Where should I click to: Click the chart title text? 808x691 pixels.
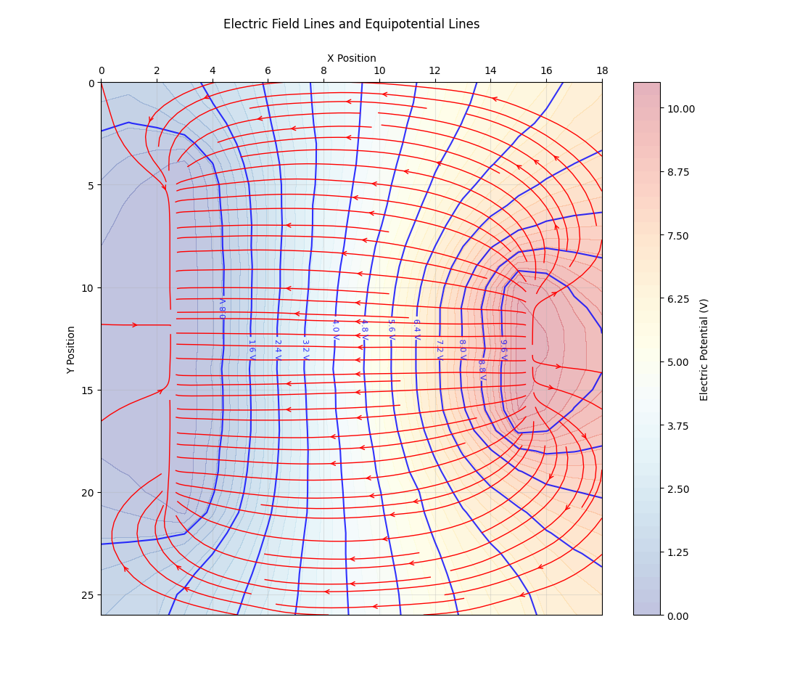[x=351, y=24]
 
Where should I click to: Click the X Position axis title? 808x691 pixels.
[x=351, y=58]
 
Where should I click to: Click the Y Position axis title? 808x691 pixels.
[x=71, y=349]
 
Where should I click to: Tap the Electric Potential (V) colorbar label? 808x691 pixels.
[x=704, y=349]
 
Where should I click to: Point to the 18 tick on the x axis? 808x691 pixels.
[x=601, y=70]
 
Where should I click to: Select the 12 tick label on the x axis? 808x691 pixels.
[x=434, y=70]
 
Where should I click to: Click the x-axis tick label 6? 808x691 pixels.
[x=268, y=70]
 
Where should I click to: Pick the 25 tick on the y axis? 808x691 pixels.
[x=88, y=595]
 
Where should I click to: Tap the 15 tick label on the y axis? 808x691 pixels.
[x=88, y=391]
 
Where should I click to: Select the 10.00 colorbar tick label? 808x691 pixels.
[x=680, y=109]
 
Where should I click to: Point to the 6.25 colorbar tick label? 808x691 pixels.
[x=677, y=298]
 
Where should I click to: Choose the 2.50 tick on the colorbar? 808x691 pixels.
[x=677, y=488]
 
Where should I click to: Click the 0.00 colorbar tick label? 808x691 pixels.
[x=677, y=616]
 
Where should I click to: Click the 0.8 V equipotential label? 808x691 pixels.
[x=223, y=308]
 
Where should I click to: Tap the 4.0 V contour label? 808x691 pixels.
[x=335, y=330]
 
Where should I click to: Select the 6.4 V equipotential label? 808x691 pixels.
[x=416, y=330]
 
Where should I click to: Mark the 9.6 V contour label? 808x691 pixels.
[x=503, y=350]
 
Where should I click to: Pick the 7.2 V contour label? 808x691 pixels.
[x=439, y=350]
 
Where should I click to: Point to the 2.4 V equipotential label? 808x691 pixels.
[x=277, y=350]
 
